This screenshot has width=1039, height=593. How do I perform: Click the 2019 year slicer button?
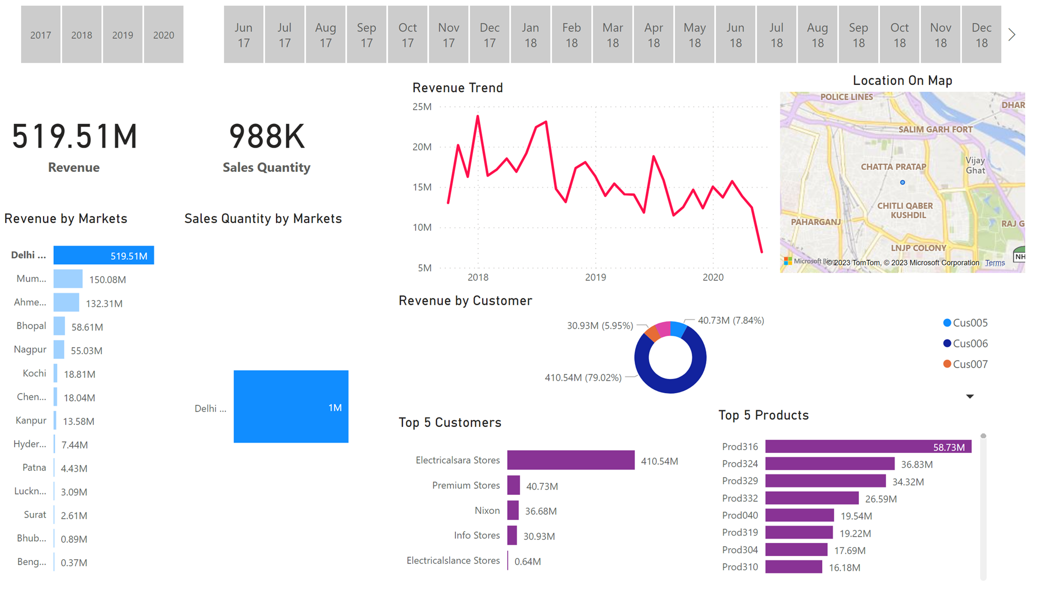pyautogui.click(x=122, y=35)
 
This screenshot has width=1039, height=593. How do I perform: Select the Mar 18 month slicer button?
pyautogui.click(x=612, y=35)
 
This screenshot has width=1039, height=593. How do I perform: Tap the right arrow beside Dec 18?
pyautogui.click(x=1012, y=35)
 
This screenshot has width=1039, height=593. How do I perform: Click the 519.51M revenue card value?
pyautogui.click(x=75, y=137)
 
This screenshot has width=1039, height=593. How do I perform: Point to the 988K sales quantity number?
pyautogui.click(x=267, y=137)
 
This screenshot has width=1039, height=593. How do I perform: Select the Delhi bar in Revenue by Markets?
pyautogui.click(x=103, y=256)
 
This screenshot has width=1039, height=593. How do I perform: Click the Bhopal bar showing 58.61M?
pyautogui.click(x=59, y=326)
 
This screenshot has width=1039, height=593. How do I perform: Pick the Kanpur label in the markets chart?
pyautogui.click(x=31, y=421)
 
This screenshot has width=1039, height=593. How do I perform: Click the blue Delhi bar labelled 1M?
pyautogui.click(x=290, y=406)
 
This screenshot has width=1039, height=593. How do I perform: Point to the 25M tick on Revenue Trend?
pyautogui.click(x=422, y=107)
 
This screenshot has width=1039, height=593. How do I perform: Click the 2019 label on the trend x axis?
pyautogui.click(x=595, y=277)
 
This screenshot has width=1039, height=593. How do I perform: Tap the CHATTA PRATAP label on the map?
pyautogui.click(x=893, y=167)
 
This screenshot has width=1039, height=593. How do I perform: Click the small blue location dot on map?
pyautogui.click(x=902, y=182)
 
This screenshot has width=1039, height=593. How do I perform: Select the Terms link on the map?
pyautogui.click(x=994, y=263)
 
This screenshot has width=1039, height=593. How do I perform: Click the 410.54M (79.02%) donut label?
pyautogui.click(x=582, y=378)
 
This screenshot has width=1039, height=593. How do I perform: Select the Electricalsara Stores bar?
pyautogui.click(x=570, y=460)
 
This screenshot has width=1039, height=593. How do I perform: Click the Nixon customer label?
pyautogui.click(x=487, y=511)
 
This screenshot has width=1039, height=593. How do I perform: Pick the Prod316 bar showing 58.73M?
pyautogui.click(x=868, y=447)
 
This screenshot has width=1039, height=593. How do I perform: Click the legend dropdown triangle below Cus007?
pyautogui.click(x=969, y=396)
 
